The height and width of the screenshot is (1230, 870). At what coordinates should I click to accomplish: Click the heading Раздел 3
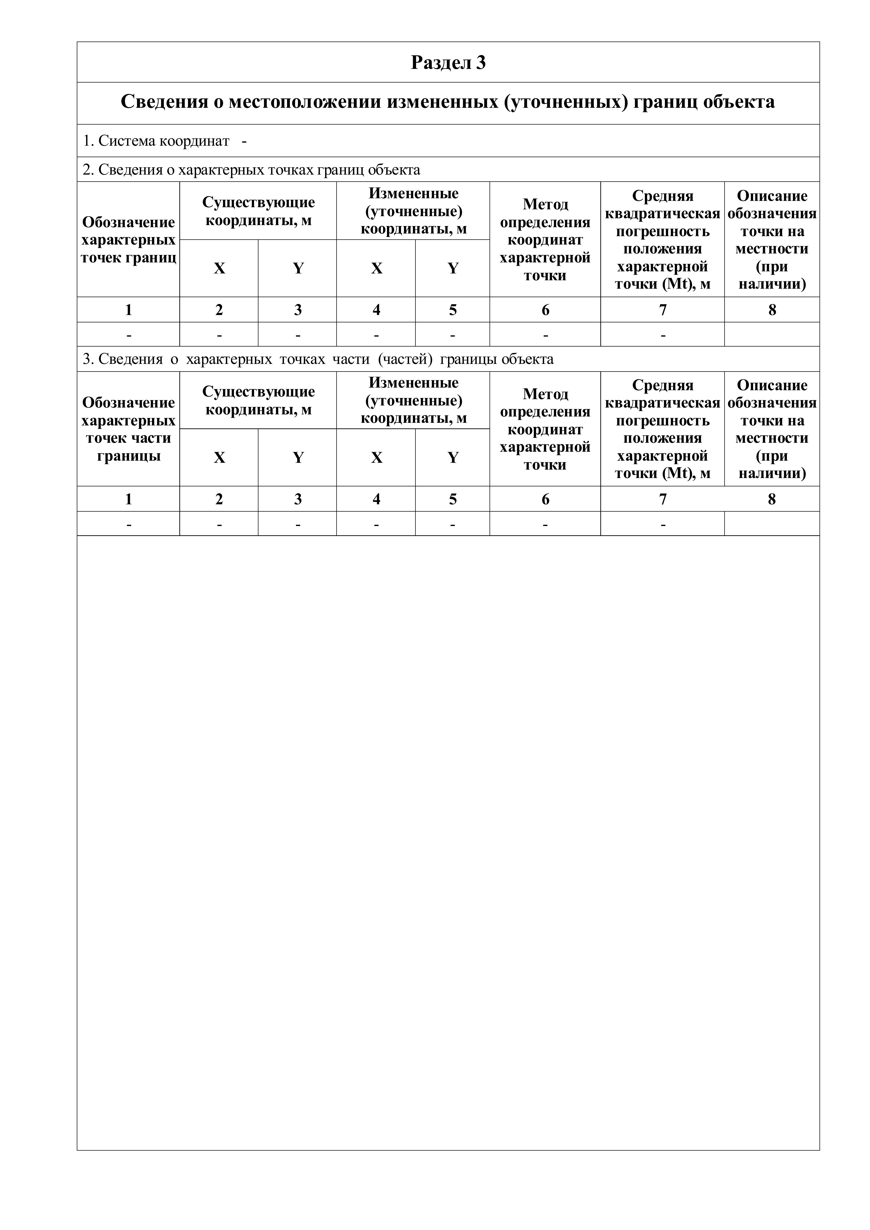pyautogui.click(x=448, y=63)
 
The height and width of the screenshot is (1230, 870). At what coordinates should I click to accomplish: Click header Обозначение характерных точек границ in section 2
pyautogui.click(x=129, y=240)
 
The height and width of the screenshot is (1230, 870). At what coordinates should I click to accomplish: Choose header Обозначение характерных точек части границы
pyautogui.click(x=129, y=429)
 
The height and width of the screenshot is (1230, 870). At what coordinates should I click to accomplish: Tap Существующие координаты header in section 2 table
pyautogui.click(x=258, y=211)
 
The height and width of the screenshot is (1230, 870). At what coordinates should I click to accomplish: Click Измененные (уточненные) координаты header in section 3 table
pyautogui.click(x=413, y=400)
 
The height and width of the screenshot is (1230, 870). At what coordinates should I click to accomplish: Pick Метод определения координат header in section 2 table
pyautogui.click(x=545, y=240)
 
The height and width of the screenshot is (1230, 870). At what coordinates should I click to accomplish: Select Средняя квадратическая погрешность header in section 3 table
pyautogui.click(x=663, y=429)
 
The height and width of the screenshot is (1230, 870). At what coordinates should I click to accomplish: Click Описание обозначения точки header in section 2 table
pyautogui.click(x=772, y=240)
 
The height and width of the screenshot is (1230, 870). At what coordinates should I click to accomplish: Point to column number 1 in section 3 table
pyautogui.click(x=129, y=499)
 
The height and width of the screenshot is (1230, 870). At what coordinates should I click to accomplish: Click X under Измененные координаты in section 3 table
pyautogui.click(x=377, y=457)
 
